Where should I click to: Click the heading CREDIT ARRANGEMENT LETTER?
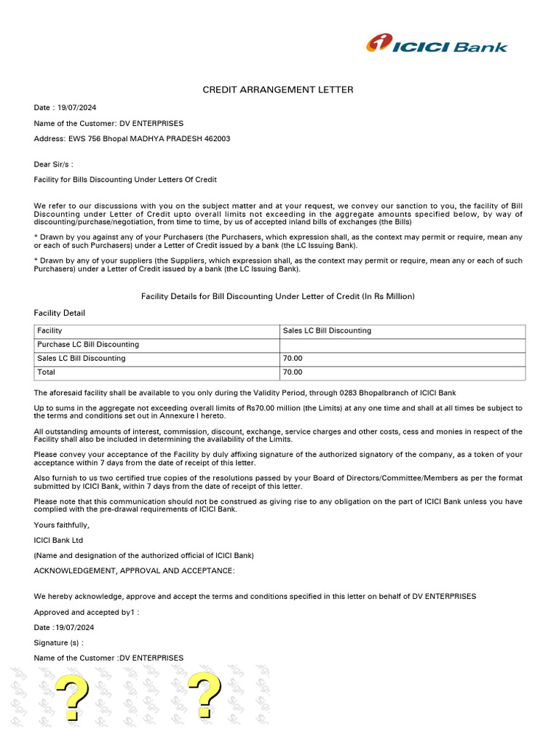[x=277, y=89]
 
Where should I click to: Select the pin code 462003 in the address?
[x=216, y=138]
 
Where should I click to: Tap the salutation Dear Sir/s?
[x=53, y=164]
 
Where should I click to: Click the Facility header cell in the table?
[x=49, y=331]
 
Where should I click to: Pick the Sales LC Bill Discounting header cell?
[x=327, y=331]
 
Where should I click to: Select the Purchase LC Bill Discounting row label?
[x=87, y=345]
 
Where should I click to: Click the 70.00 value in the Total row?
[x=293, y=372]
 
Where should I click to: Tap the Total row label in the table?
[x=47, y=372]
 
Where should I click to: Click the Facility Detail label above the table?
[x=59, y=313]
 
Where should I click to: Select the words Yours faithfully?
[x=62, y=525]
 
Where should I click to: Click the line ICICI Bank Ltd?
[x=58, y=540]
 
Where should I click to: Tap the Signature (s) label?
[x=58, y=642]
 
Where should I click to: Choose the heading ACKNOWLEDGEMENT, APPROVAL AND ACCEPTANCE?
[x=134, y=570]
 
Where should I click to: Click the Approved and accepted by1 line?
[x=86, y=612]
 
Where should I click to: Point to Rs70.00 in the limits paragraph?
[x=261, y=408]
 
